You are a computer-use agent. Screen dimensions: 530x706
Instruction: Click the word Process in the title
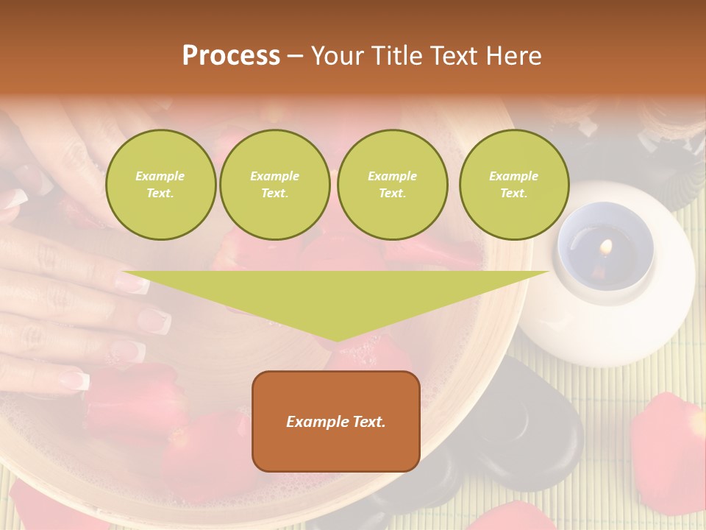click(x=231, y=56)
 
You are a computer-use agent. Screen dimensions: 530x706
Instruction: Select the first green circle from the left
click(x=161, y=185)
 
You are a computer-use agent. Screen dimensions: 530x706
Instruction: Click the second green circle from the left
click(x=275, y=185)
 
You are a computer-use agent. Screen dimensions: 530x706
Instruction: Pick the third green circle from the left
click(x=393, y=185)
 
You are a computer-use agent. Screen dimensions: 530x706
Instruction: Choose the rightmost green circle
click(x=514, y=185)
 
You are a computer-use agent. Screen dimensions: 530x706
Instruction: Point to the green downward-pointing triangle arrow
click(x=336, y=294)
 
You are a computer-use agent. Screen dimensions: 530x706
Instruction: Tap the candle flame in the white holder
click(x=605, y=246)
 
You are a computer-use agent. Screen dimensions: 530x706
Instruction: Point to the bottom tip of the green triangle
click(x=337, y=339)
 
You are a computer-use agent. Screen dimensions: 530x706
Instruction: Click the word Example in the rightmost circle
click(x=514, y=176)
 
